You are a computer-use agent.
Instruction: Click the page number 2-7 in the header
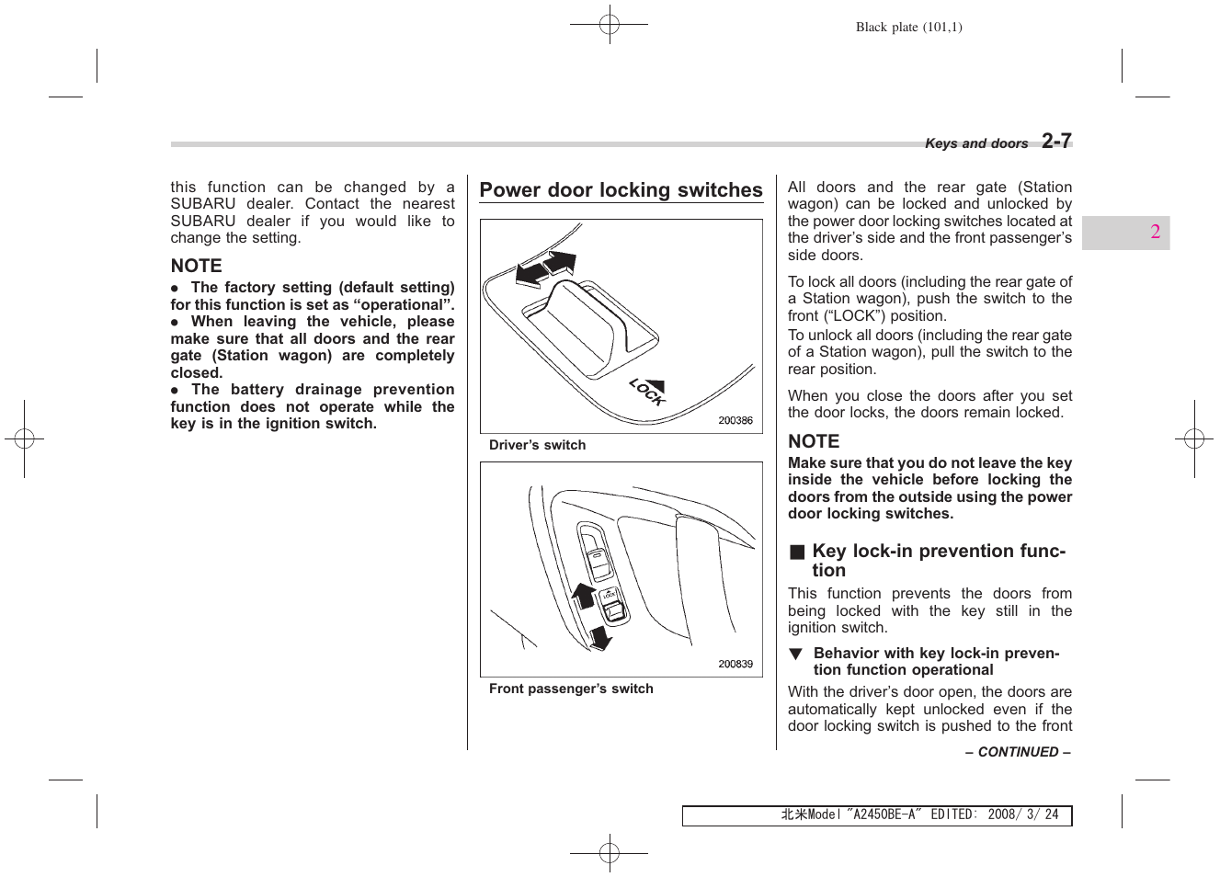pos(1056,141)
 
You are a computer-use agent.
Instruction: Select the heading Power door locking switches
pos(621,190)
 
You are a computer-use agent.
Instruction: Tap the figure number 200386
pos(735,420)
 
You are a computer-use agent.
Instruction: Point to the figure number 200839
pos(735,664)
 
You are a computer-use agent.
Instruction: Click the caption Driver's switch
pos(537,445)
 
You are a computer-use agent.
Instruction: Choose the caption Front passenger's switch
pos(571,689)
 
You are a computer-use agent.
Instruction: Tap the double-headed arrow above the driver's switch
pos(546,268)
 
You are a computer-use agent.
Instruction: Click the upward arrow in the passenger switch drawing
pos(584,595)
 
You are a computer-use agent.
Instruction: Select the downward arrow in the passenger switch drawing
pos(600,636)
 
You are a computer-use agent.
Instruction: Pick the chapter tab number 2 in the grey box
pos(1155,232)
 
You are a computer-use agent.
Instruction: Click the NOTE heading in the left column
pos(196,266)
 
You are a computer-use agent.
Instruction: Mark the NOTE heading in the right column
pos(814,441)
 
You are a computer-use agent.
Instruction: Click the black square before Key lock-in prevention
pos(797,552)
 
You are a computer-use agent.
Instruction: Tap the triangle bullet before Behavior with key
pos(795,654)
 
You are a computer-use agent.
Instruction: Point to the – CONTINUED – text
pos(1018,752)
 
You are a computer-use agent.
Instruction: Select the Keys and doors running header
pos(975,143)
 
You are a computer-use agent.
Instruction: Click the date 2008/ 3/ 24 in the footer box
pos(1022,814)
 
